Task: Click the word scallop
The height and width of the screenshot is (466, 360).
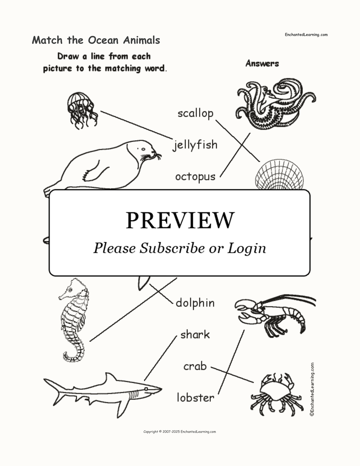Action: [195, 114]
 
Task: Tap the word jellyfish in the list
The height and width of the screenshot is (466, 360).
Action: [195, 145]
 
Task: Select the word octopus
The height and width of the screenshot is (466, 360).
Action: [195, 177]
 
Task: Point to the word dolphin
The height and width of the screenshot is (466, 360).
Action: [195, 303]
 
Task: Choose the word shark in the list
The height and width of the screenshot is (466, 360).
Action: [195, 334]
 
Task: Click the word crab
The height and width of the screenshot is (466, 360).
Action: [195, 366]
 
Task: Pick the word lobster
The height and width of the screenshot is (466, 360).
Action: [195, 398]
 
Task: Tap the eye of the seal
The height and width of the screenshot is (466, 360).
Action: [143, 149]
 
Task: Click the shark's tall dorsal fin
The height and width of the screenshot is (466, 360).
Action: [110, 380]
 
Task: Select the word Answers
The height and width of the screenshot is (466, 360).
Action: [262, 64]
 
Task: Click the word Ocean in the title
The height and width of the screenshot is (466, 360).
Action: [103, 40]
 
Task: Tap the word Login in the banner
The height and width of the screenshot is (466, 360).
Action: [246, 248]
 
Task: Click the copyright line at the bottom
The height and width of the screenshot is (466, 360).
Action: [180, 432]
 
